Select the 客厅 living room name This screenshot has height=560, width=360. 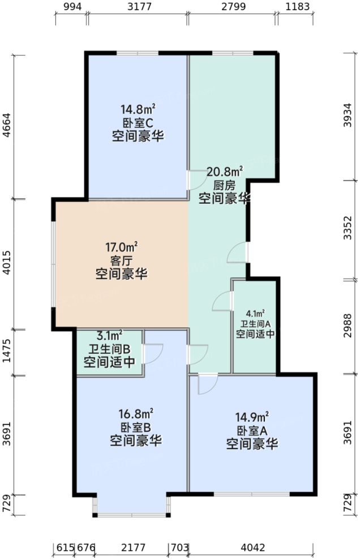pyautogui.click(x=122, y=261)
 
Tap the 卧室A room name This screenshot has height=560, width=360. pyautogui.click(x=252, y=431)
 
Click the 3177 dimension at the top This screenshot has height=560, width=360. pyautogui.click(x=138, y=7)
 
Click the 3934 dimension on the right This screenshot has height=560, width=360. pyautogui.click(x=352, y=117)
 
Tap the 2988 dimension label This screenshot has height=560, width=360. pyautogui.click(x=352, y=326)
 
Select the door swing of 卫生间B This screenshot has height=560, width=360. pyautogui.click(x=153, y=354)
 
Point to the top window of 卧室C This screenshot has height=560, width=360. pyautogui.click(x=137, y=53)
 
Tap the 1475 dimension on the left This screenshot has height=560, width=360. pyautogui.click(x=7, y=353)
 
